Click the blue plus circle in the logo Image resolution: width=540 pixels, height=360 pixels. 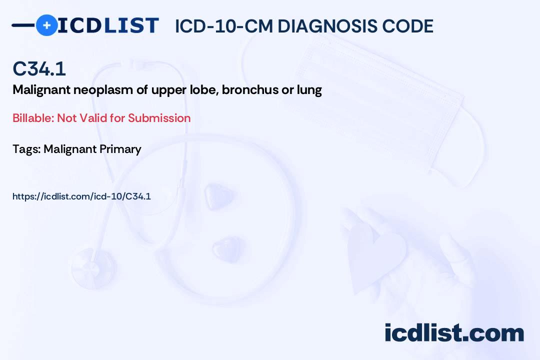point(46,25)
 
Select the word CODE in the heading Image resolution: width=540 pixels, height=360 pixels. point(412,26)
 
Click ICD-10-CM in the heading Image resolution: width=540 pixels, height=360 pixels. point(223,26)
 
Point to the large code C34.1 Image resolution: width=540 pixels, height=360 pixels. point(39,69)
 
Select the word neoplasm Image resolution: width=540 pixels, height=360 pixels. point(90,90)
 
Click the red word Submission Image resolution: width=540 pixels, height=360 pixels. point(159,118)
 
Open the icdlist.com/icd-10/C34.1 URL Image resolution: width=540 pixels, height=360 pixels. point(81,196)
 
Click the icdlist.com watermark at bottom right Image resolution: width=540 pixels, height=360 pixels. point(454,333)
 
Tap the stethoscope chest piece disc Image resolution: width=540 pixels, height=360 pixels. point(92,264)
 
